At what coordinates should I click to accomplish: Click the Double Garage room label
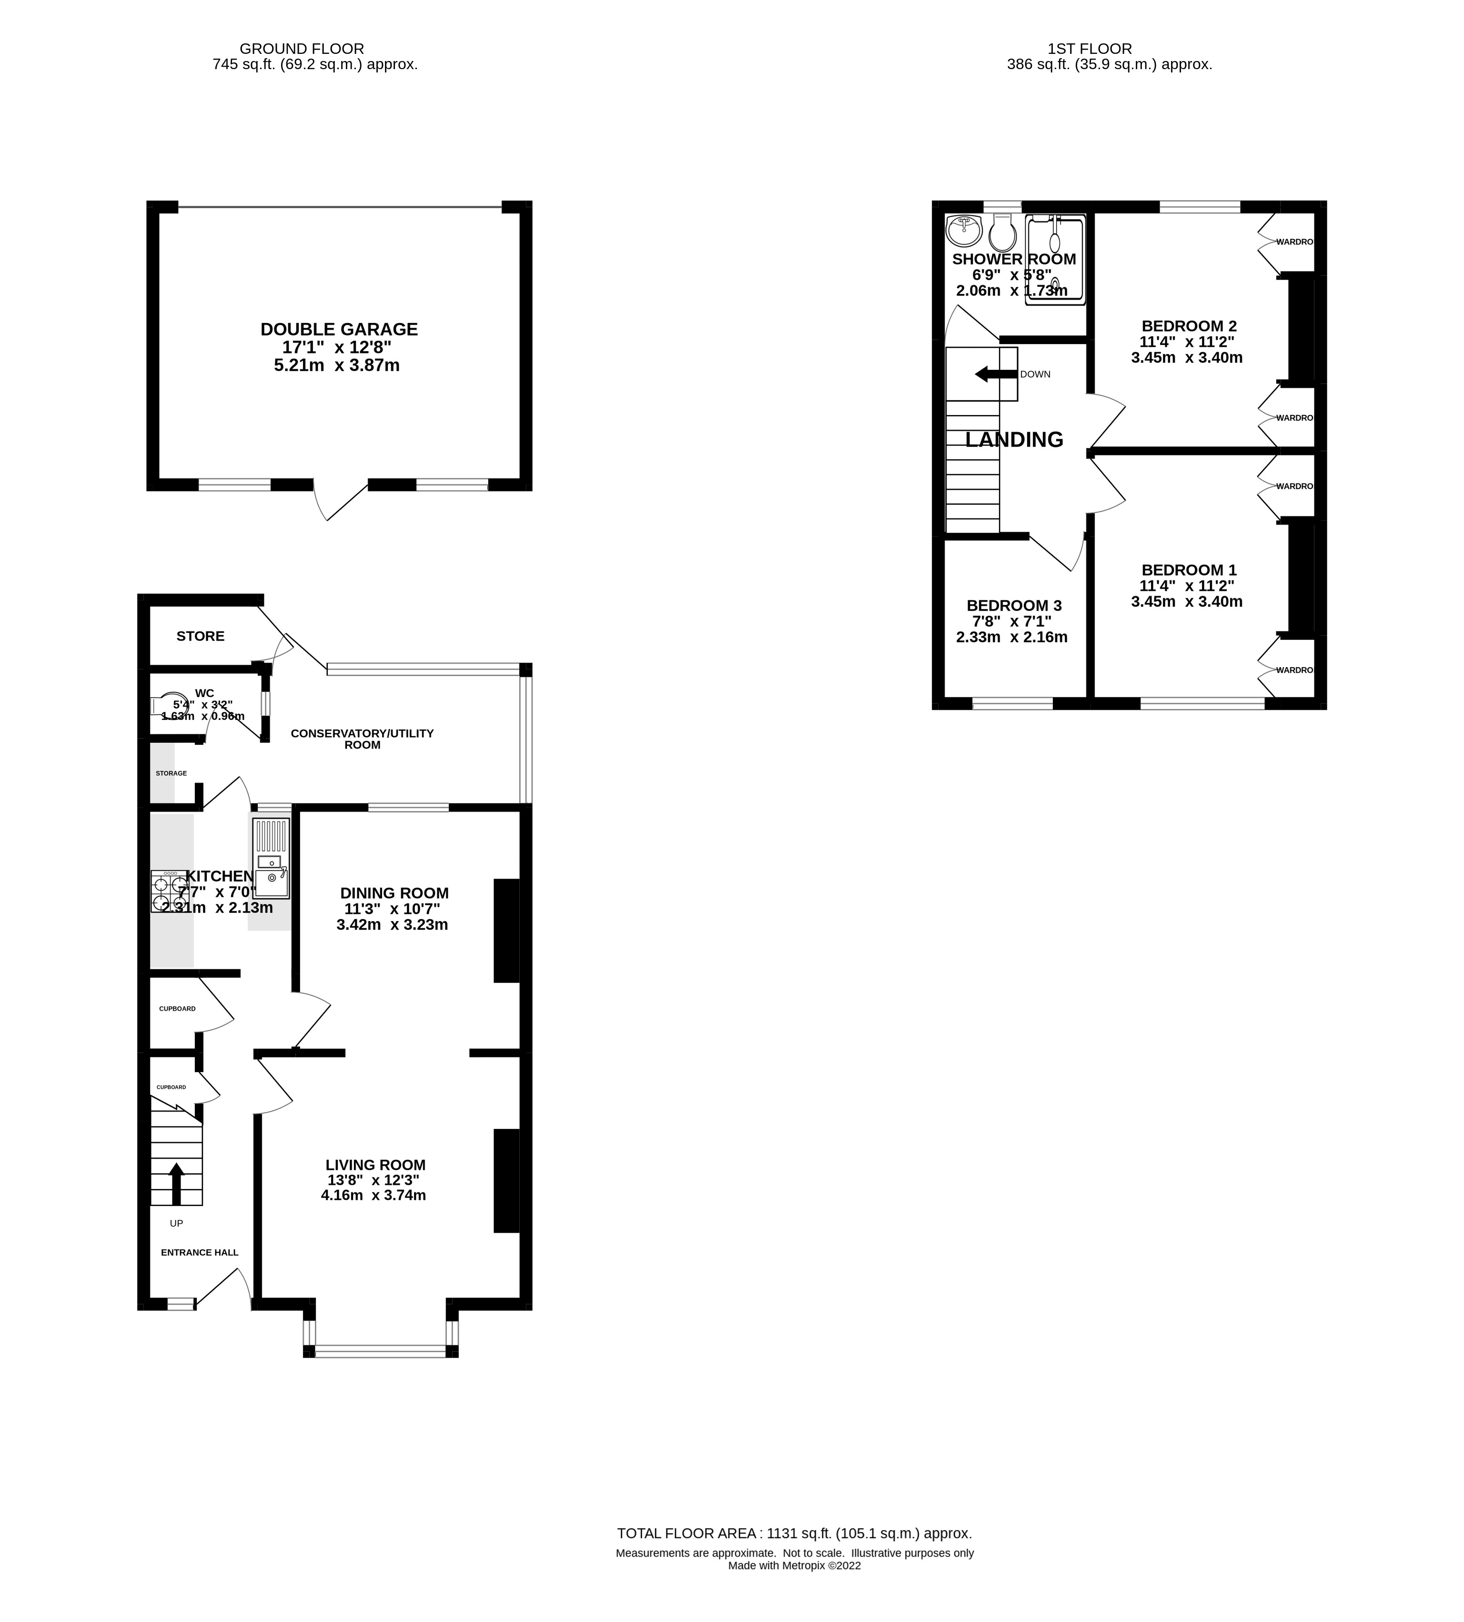click(339, 329)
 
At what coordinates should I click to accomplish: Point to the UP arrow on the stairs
click(175, 1180)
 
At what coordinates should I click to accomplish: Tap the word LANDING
click(1013, 439)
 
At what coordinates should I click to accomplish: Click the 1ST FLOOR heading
click(1089, 48)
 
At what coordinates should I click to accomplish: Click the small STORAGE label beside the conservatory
click(172, 773)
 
